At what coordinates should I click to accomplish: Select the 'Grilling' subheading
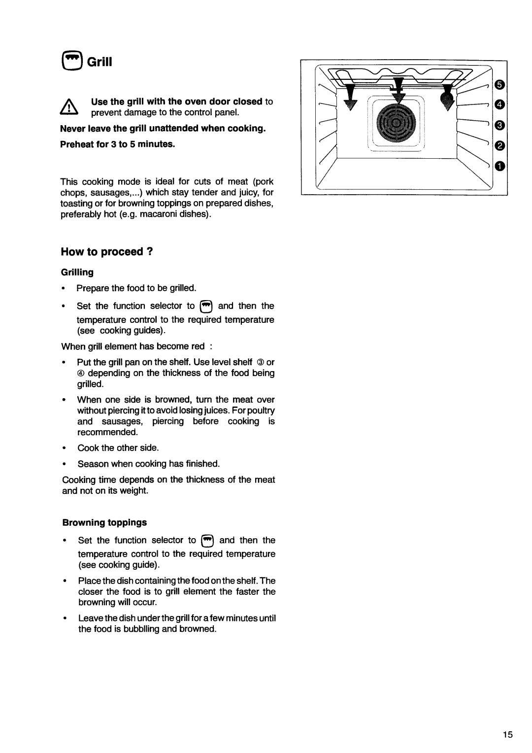point(77,272)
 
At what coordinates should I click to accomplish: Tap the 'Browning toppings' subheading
point(104,521)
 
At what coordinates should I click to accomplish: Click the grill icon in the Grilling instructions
point(206,306)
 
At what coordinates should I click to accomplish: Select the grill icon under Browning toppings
point(207,541)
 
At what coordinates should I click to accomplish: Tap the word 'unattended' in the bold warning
point(173,129)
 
